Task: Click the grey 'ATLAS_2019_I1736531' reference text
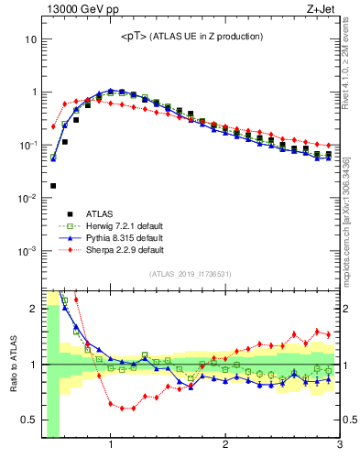pyautogui.click(x=191, y=274)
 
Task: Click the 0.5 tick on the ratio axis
pyautogui.click(x=29, y=420)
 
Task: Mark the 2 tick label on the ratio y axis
pyautogui.click(x=33, y=309)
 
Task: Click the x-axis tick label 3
pyautogui.click(x=339, y=446)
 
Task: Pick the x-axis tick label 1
pyautogui.click(x=111, y=446)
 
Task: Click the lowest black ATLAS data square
pyautogui.click(x=53, y=186)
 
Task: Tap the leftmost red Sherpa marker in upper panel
pyautogui.click(x=53, y=126)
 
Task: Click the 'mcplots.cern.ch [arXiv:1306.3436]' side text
pyautogui.click(x=349, y=214)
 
